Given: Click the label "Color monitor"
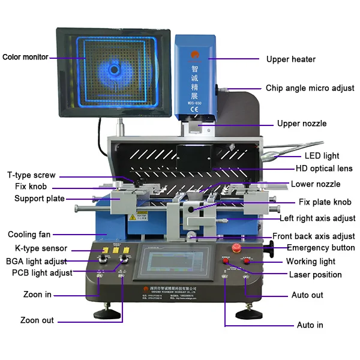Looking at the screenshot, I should point(25,58).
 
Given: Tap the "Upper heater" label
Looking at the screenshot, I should point(290,59).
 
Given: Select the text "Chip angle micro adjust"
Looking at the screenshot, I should point(310,88).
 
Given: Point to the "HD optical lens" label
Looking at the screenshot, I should point(324,169).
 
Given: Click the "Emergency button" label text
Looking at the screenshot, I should point(320,248).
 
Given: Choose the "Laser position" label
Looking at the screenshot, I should point(315,275).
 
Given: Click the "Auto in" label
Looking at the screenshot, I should point(310,325).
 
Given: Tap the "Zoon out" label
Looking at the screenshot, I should point(37,320).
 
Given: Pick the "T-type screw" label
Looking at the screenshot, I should point(31,175).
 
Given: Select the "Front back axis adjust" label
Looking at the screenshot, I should point(314,236).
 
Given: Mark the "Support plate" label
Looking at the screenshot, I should point(40,199).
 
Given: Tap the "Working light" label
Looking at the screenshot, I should point(310,262).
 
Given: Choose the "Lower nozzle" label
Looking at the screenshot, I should point(316,184).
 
